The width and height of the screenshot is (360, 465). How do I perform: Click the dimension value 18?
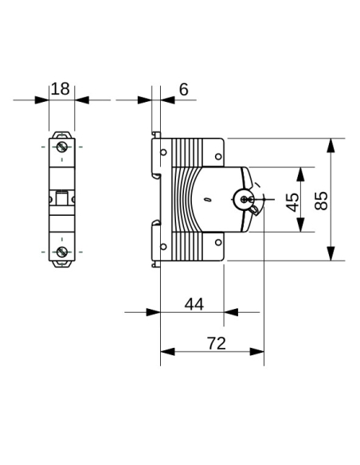click(x=61, y=88)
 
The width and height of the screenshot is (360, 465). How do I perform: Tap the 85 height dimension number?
click(x=322, y=200)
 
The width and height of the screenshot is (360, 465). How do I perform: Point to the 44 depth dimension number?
click(x=194, y=303)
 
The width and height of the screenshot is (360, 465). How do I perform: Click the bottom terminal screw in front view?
click(x=61, y=252)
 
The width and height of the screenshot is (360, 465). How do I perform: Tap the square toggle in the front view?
click(x=61, y=198)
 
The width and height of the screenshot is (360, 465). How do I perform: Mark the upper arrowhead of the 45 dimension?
click(x=300, y=173)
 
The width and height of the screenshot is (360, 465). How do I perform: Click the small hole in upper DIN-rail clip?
click(x=163, y=154)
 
